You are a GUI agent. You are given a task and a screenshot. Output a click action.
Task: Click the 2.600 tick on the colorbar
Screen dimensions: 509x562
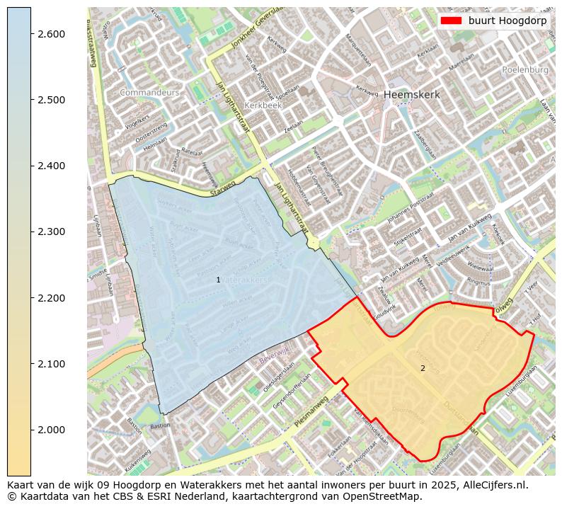point(51,34)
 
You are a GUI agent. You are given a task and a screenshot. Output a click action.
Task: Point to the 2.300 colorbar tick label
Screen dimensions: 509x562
point(51,231)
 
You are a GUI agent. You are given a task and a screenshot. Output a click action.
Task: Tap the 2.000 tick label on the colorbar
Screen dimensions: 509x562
point(51,430)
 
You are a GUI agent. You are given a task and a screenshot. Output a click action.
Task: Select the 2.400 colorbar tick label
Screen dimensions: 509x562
point(51,166)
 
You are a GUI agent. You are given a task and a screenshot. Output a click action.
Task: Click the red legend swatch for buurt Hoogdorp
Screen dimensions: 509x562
point(451,21)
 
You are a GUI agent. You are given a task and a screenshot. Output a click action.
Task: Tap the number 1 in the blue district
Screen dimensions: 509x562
point(218,280)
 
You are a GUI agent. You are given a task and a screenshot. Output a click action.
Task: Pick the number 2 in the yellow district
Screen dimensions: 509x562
point(423,368)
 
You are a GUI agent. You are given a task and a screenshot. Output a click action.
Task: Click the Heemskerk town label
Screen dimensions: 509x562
point(412,94)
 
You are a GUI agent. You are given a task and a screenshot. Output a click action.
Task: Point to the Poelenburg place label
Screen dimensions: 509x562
point(525,70)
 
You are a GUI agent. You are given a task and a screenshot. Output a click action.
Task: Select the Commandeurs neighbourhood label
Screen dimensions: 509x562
point(150,93)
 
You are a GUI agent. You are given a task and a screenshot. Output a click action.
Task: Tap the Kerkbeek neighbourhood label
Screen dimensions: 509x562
point(263,105)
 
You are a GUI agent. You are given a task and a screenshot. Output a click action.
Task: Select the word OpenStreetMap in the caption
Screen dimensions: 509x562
point(388,496)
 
